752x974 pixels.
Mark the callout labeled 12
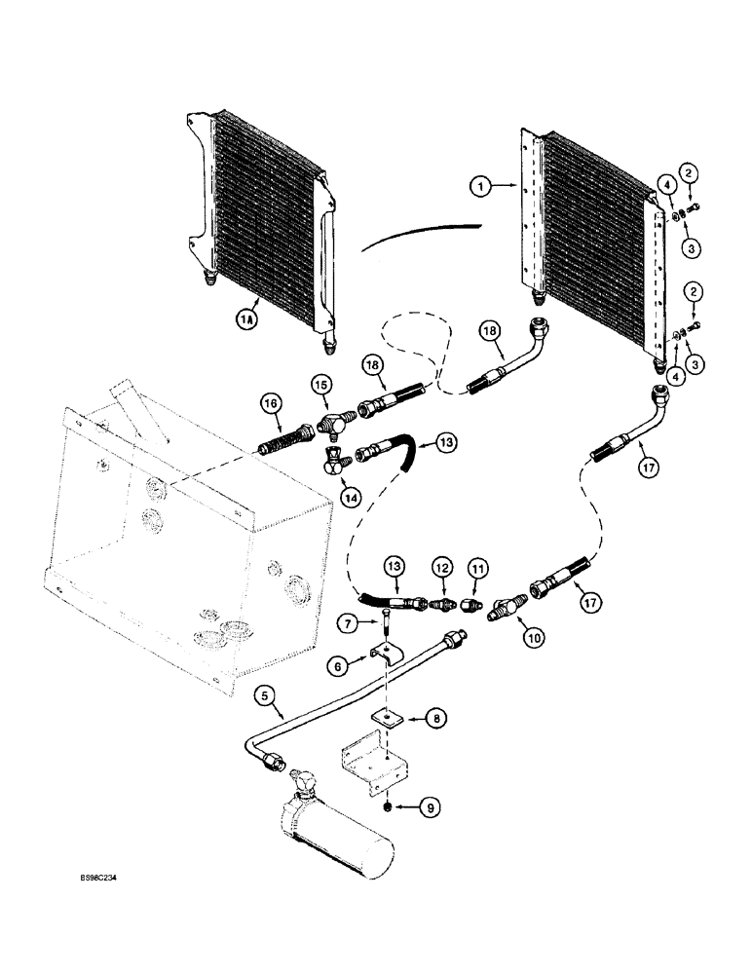pos(443,565)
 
